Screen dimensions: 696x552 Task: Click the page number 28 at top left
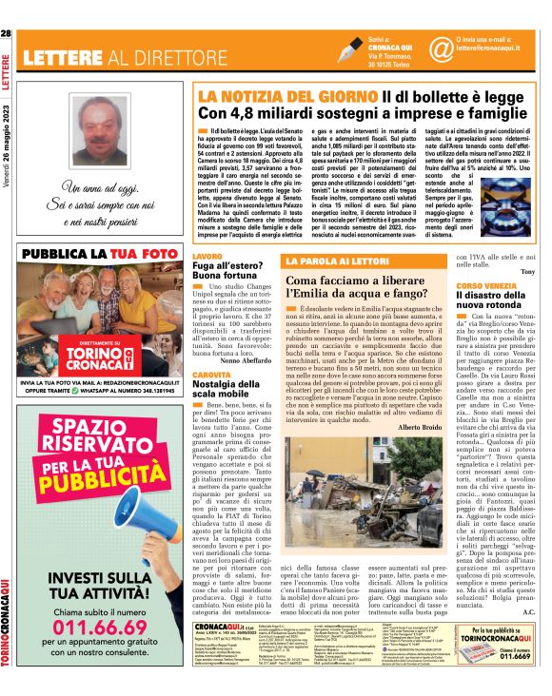(x=7, y=34)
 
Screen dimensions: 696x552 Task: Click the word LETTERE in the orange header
(x=65, y=56)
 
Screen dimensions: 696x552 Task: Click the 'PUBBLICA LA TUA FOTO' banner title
(x=102, y=256)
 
